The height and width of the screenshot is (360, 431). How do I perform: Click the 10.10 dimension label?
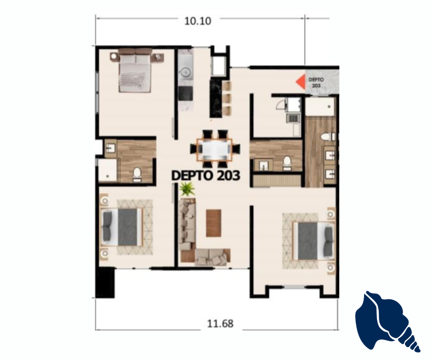click(x=198, y=21)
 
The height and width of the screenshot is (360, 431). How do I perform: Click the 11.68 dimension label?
click(x=220, y=323)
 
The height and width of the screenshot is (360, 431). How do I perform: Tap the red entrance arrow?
click(x=301, y=82)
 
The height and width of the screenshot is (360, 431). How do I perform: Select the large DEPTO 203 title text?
click(x=205, y=176)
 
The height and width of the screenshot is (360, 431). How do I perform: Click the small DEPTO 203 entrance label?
click(x=316, y=83)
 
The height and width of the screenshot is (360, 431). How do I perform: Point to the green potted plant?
click(x=187, y=189)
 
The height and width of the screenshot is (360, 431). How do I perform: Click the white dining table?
click(x=215, y=150)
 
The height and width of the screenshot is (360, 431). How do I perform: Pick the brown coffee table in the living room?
click(x=214, y=223)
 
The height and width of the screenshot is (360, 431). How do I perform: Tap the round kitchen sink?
click(x=186, y=72)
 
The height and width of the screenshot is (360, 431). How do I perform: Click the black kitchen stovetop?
click(x=186, y=93)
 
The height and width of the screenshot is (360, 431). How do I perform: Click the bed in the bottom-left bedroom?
click(x=122, y=227)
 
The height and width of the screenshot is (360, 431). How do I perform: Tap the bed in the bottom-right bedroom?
click(x=313, y=241)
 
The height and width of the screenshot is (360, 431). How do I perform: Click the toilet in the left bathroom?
click(x=137, y=175)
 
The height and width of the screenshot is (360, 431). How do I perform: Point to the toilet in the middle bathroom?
click(x=287, y=163)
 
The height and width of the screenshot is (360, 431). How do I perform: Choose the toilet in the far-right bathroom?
click(x=328, y=137)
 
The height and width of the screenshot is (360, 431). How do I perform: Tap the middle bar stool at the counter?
click(x=227, y=98)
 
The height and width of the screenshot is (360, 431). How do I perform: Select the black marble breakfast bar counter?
click(x=216, y=99)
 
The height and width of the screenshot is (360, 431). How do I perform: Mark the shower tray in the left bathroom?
click(x=107, y=170)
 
